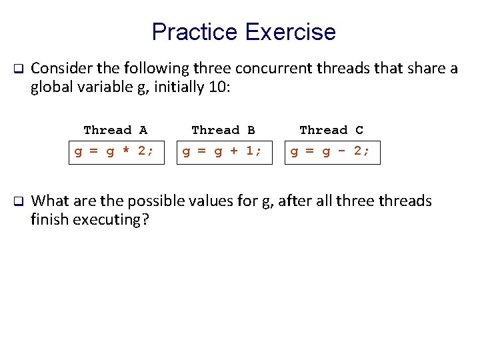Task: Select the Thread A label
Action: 115,130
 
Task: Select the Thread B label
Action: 223,130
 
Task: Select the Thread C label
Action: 331,130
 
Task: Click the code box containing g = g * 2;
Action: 115,151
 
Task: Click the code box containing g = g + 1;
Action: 223,151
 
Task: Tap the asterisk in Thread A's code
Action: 123,151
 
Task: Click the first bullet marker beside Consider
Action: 19,69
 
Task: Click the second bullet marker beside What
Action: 19,201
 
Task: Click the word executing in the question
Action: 113,220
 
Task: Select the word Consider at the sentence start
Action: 58,68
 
